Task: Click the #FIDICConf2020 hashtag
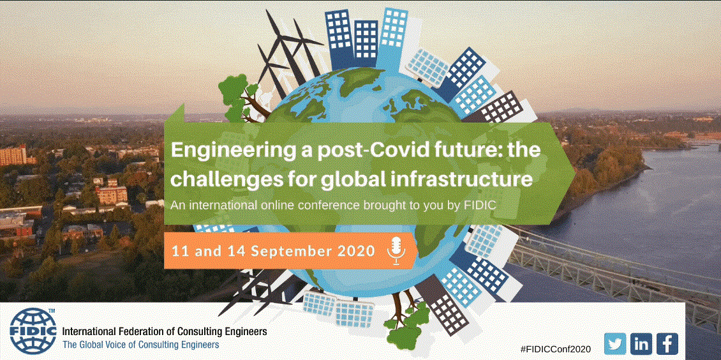pyautogui.click(x=556, y=349)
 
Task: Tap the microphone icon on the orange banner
pyautogui.click(x=396, y=251)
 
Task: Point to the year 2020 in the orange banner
pyautogui.click(x=358, y=251)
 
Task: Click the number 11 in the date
pyautogui.click(x=179, y=251)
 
